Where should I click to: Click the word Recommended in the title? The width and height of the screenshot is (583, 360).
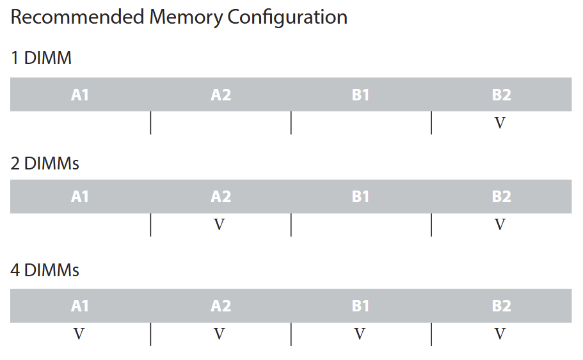(77, 17)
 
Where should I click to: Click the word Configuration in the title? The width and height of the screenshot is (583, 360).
(287, 18)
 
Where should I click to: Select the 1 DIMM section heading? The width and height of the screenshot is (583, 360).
(41, 58)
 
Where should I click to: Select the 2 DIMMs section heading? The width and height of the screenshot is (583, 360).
(45, 164)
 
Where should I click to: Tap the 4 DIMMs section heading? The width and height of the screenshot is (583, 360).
(45, 270)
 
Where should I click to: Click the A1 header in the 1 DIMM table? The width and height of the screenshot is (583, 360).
(80, 95)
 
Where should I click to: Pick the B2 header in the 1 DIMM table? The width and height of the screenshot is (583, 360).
(501, 95)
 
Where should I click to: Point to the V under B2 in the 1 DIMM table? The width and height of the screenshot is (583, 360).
(500, 123)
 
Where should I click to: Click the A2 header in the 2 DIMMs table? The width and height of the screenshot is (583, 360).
(221, 196)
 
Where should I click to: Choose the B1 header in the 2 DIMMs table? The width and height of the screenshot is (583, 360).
(360, 196)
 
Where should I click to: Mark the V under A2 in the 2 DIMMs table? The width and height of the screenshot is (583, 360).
(220, 225)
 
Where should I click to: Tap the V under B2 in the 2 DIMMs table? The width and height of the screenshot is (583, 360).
(500, 225)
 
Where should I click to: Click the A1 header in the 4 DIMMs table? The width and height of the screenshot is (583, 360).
(80, 306)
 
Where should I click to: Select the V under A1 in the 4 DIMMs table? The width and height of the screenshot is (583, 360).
(79, 334)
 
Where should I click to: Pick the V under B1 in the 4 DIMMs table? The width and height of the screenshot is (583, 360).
(360, 334)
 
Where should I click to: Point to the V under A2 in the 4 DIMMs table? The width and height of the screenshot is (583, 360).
(220, 334)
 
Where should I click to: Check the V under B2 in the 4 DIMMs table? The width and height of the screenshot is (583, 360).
(500, 334)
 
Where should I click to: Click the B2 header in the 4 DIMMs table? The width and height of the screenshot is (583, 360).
(501, 306)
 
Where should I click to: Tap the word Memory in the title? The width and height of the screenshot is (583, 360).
(186, 18)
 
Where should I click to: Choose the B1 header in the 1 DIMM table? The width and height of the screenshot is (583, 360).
(360, 95)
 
